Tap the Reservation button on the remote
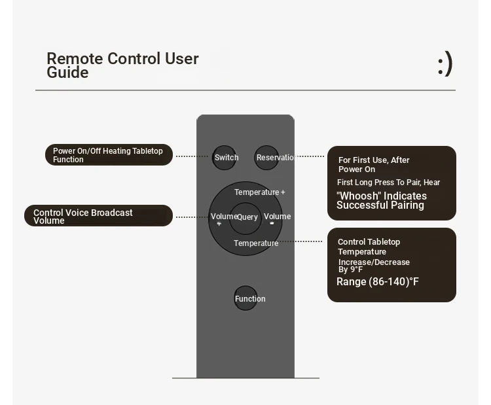coord(266,158)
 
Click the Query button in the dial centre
coord(245,218)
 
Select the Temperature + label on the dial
coord(260,192)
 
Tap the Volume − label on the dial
coord(277,219)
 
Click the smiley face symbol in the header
coord(445,64)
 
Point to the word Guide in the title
coord(67,73)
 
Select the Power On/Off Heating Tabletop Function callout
coord(109,154)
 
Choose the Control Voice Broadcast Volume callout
coord(98,216)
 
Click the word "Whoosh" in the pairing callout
coord(359,196)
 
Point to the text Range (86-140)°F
coord(377,282)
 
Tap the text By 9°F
coord(350,270)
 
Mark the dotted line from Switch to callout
coord(192,156)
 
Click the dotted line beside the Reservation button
coord(309,156)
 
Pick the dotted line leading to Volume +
coord(192,217)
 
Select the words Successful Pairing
coord(380,205)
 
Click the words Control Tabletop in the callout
coord(369,242)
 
